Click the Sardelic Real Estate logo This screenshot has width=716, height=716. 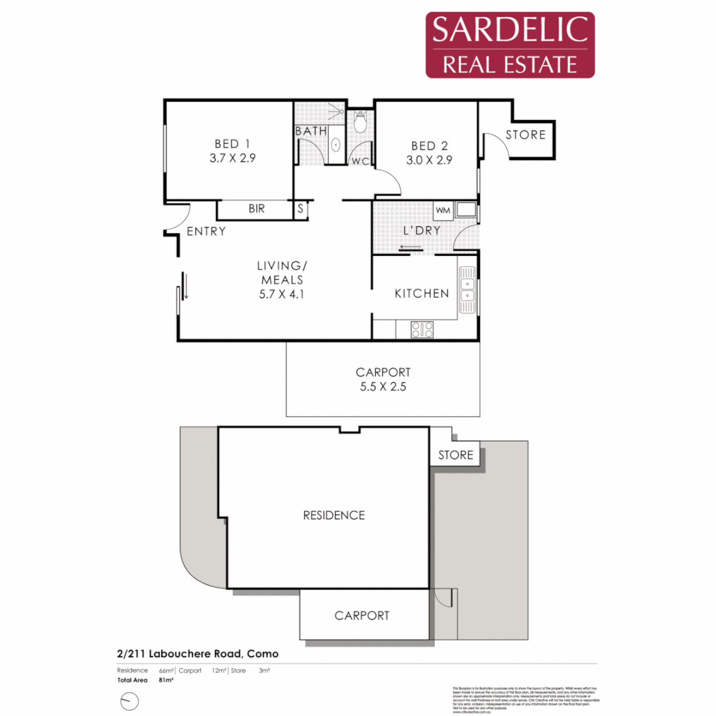[x=510, y=45]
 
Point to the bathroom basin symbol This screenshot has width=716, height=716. [x=336, y=145]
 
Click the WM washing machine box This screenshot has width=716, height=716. [x=443, y=211]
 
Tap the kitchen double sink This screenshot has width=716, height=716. [x=467, y=289]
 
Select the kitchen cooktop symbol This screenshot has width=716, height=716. [x=422, y=329]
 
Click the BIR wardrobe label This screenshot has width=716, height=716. [x=257, y=209]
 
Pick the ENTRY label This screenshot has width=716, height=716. [x=206, y=231]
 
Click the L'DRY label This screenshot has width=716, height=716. [x=422, y=231]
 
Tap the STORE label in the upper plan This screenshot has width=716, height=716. [x=526, y=135]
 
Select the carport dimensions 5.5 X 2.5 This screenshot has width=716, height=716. [x=383, y=387]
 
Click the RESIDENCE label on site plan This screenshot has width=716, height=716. [x=333, y=515]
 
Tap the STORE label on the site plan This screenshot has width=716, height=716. [x=456, y=455]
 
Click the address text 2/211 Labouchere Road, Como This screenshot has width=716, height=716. [x=198, y=654]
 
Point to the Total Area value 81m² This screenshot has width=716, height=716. [x=166, y=680]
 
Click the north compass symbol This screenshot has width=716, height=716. [x=129, y=700]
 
